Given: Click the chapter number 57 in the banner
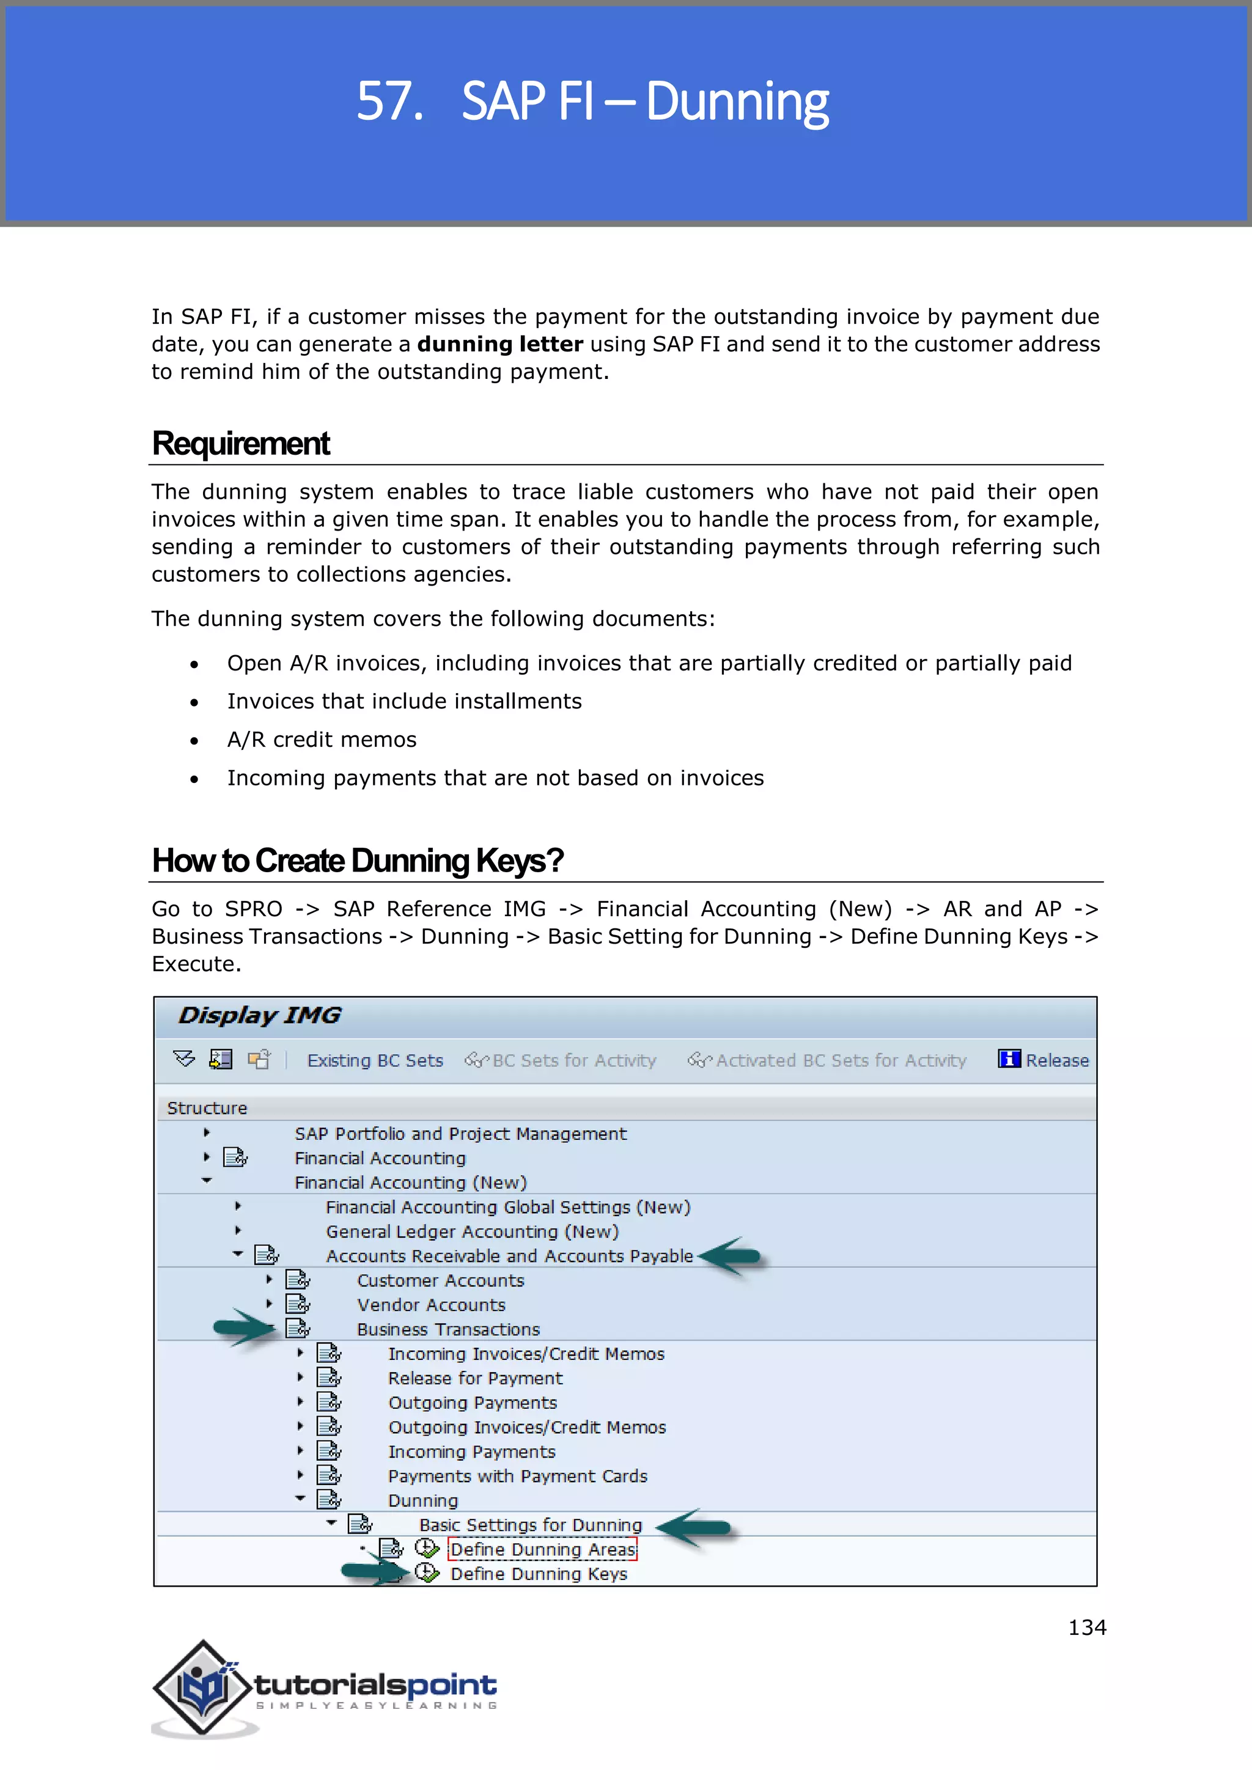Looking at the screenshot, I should tap(389, 101).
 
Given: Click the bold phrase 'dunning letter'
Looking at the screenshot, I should tap(499, 344).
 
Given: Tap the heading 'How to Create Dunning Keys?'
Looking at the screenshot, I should tap(358, 861).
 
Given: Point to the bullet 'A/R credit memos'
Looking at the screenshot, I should tap(322, 740).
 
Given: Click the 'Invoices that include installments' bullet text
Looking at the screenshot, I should tap(404, 701).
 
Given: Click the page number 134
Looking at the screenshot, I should tap(1087, 1628).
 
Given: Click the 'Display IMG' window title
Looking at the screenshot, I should tap(260, 1015).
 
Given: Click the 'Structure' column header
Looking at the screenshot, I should tap(207, 1108).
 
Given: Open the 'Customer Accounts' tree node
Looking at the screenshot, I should tap(440, 1280).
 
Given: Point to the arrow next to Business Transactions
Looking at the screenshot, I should tap(243, 1327).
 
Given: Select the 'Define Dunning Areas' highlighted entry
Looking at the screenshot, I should tap(543, 1549).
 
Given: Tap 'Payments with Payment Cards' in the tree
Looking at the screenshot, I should tap(517, 1476).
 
